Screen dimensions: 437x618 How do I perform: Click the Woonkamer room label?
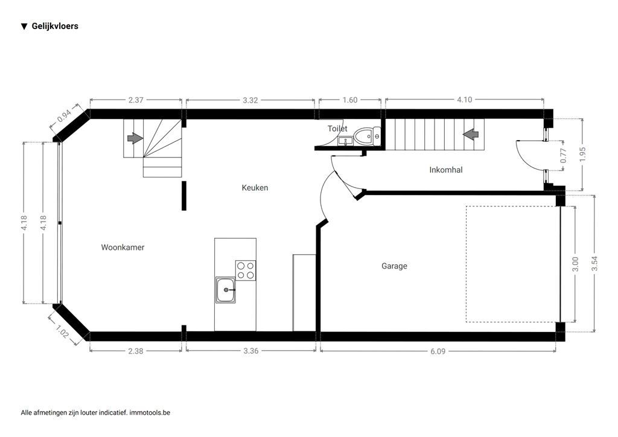[123, 247]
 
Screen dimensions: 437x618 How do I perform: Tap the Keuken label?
[255, 188]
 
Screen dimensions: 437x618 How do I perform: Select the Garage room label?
[394, 266]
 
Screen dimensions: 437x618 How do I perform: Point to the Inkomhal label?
[446, 170]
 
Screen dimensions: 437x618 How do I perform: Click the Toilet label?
[337, 129]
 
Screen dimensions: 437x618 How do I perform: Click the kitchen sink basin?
[226, 290]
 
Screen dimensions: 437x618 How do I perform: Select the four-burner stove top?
[245, 270]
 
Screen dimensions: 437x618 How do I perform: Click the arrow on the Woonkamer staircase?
[135, 138]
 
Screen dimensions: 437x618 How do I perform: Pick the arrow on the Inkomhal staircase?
[471, 134]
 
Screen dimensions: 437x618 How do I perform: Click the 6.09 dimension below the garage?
[438, 351]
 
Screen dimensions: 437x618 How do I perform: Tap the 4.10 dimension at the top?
[464, 100]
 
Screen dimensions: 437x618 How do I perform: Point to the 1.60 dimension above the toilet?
[350, 100]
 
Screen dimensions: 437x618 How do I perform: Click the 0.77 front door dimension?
[564, 156]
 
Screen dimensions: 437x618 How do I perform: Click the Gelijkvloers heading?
[55, 26]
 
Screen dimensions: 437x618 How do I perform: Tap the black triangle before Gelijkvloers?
[24, 27]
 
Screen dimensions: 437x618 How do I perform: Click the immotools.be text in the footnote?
[150, 413]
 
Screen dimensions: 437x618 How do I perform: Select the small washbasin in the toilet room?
[345, 141]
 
